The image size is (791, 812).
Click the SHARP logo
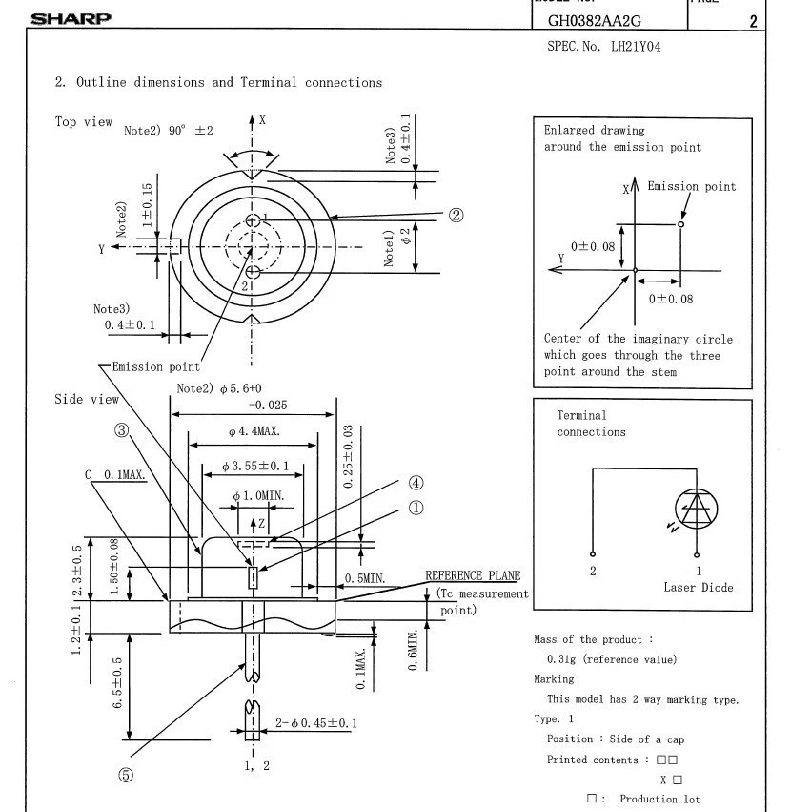[71, 19]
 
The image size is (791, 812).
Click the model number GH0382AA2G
[595, 21]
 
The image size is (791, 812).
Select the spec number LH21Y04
[636, 47]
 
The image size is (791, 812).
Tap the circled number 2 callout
[456, 215]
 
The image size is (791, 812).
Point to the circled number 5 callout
[126, 775]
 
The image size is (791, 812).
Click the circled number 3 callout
[122, 429]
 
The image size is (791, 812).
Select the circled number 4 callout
[416, 483]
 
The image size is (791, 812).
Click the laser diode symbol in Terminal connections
[697, 510]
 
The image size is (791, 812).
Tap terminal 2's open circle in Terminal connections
[593, 554]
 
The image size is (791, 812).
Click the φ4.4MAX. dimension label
[254, 431]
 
